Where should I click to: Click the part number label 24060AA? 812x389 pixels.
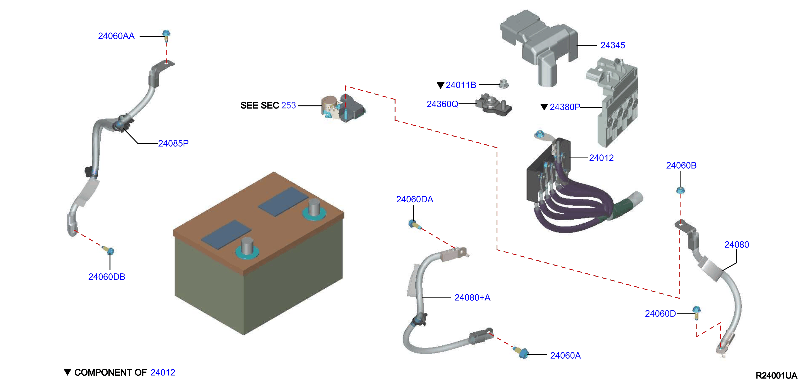pos(116,36)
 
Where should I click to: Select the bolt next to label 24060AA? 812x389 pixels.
pos(166,36)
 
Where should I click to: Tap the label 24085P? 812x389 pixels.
pos(173,144)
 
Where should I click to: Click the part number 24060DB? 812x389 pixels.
pos(107,277)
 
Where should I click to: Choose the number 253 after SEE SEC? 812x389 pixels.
pos(288,105)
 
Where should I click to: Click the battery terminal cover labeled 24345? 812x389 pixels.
pos(539,47)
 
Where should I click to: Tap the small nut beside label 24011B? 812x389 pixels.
pos(504,84)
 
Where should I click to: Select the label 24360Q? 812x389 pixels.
pos(442,104)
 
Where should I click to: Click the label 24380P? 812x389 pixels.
pos(565,107)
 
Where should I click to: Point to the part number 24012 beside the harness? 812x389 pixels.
pos(601,158)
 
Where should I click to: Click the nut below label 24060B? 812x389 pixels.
pos(681,190)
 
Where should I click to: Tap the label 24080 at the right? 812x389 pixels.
pos(737,245)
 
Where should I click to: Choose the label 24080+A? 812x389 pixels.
pos(472,298)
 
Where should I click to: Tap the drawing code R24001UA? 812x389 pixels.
pos(776,375)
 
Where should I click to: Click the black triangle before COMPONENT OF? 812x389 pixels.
pos(68,372)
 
